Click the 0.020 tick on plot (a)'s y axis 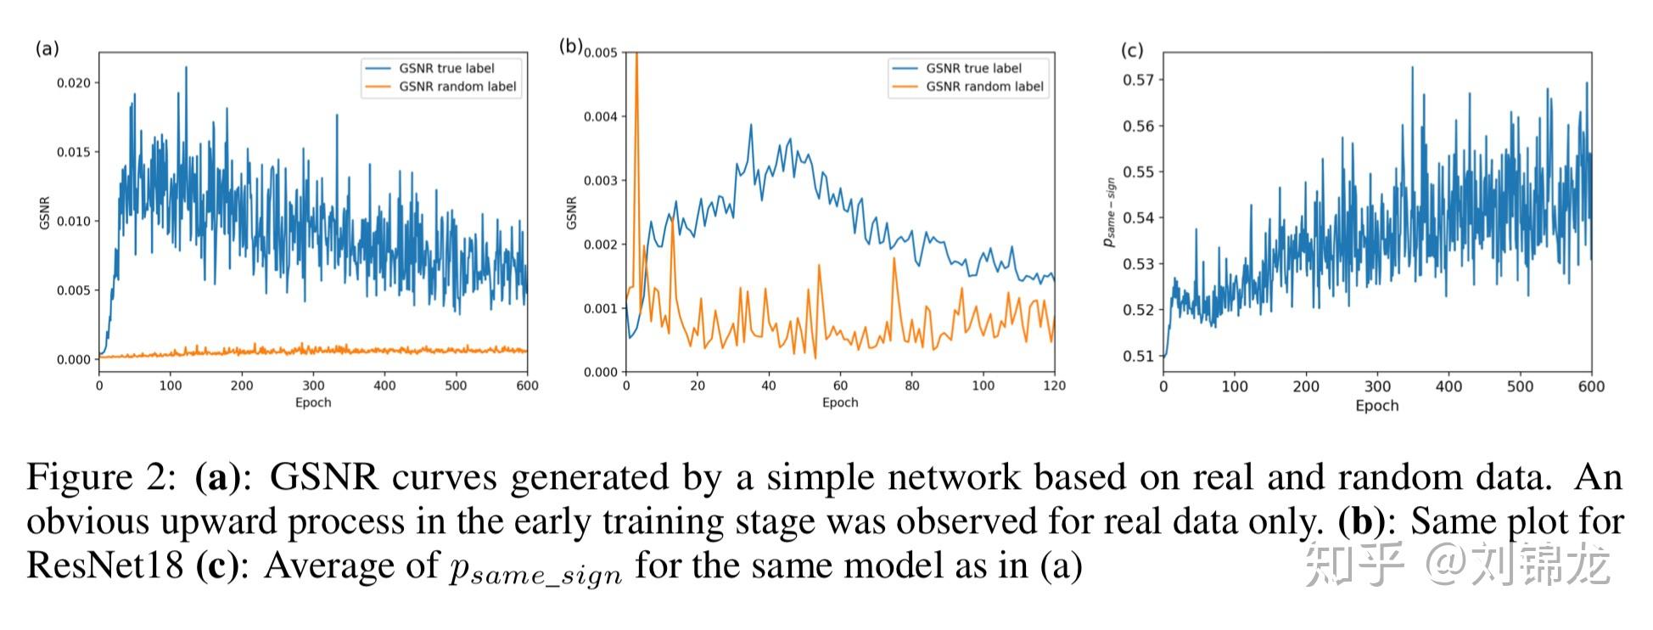[73, 83]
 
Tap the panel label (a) [48, 48]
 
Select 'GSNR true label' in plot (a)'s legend [446, 68]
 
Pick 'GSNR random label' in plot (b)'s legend [984, 87]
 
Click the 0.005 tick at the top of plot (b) [601, 53]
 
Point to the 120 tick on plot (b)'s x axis [1054, 386]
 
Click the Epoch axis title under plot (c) [1376, 406]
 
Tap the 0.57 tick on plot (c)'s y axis [1138, 80]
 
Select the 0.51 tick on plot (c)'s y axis [1138, 356]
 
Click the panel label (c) [1132, 50]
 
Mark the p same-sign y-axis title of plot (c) [1109, 212]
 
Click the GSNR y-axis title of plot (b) [571, 212]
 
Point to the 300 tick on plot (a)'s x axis [313, 386]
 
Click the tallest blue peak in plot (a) [186, 69]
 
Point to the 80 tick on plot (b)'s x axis [911, 386]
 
